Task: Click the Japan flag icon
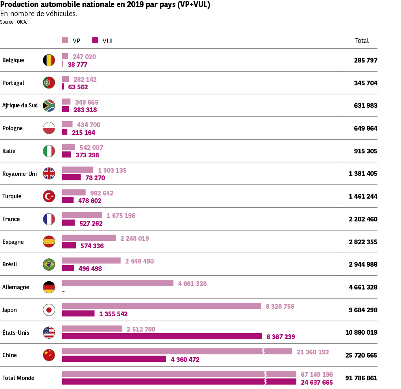49,310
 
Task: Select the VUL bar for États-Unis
162,336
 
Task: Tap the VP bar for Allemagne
118,283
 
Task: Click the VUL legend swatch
95,40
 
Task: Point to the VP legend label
76,41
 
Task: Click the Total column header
362,41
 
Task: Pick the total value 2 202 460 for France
363,219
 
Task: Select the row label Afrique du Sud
20,105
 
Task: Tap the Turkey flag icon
49,196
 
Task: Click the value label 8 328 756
280,306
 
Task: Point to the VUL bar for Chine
114,359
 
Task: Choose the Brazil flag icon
49,264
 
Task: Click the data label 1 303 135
112,170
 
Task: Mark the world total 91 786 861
361,378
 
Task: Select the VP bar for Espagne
89,238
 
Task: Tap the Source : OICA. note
13,22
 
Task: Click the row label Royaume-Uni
19,173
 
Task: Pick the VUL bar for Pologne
64,132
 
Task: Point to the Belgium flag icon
49,60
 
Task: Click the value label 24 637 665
316,382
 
